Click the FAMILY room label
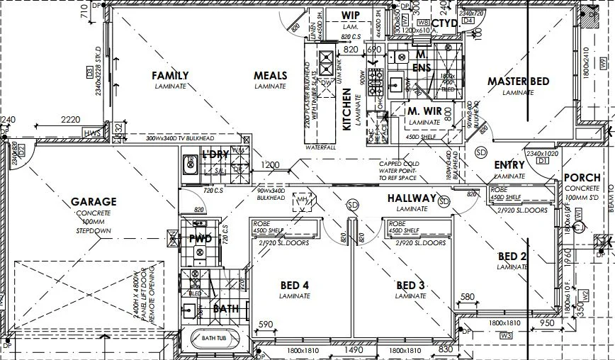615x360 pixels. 170,76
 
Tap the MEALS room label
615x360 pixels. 270,76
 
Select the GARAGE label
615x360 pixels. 94,202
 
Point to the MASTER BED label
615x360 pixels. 518,81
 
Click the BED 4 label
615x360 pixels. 295,286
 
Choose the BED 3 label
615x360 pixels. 410,286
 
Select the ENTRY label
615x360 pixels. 509,165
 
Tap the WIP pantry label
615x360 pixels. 351,16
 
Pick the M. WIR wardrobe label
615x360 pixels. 424,111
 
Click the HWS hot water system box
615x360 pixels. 91,133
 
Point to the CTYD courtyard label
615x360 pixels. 444,23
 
